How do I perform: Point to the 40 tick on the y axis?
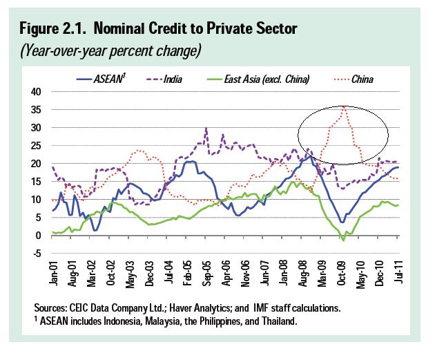coord(36,92)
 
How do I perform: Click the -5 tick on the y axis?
coord(37,253)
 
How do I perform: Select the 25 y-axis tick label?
coord(36,146)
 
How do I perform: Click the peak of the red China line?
coord(344,106)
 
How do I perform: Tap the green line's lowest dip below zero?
coord(343,240)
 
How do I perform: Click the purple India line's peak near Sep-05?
coord(206,128)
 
